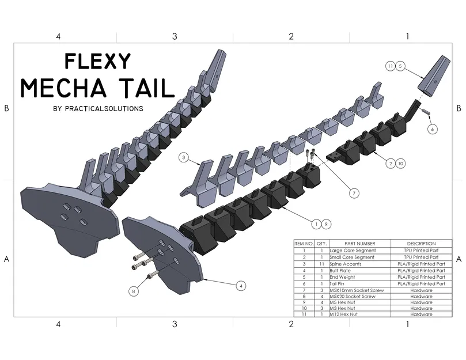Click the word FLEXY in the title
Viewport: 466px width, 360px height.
(97, 61)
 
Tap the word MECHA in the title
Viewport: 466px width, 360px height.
(62, 88)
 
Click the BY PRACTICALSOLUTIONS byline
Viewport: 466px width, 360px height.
(97, 108)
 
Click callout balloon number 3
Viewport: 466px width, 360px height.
(184, 157)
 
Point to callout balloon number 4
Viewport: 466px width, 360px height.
(242, 285)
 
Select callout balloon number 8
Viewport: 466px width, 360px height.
(134, 291)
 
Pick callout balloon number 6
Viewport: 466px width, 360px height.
(432, 129)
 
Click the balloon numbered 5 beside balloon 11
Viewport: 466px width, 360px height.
(401, 66)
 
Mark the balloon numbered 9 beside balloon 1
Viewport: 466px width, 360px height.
(326, 223)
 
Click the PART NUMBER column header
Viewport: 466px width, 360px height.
(359, 244)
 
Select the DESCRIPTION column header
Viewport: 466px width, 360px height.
(421, 244)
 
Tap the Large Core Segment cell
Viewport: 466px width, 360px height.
(353, 251)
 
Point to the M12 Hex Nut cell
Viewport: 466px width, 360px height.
(344, 314)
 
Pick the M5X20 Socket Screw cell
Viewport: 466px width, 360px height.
(352, 296)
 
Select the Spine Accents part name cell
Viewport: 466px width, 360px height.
(346, 264)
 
